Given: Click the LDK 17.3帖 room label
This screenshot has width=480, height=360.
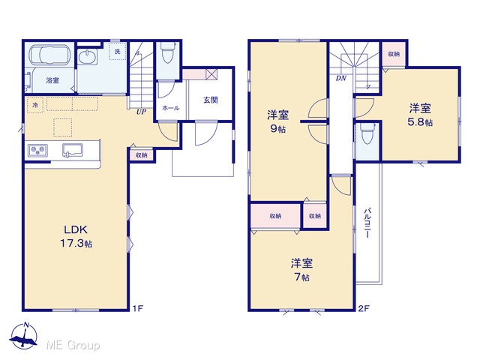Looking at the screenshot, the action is [76, 236].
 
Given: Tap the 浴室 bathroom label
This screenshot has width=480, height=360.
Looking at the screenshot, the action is [52, 80].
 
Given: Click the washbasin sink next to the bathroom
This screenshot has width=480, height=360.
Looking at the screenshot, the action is [87, 57].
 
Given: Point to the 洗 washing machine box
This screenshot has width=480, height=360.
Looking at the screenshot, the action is [118, 52].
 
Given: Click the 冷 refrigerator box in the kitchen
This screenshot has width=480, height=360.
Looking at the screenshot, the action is [35, 105].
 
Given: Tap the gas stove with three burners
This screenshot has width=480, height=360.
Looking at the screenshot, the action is [37, 151].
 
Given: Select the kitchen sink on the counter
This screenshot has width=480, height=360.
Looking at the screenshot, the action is [73, 150].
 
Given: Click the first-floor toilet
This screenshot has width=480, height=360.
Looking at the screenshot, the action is [167, 52].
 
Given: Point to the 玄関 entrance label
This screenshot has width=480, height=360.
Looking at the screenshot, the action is [211, 100].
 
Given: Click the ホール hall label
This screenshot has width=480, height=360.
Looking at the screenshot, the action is [170, 108].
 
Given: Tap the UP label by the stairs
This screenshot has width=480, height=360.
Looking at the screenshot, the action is [141, 112].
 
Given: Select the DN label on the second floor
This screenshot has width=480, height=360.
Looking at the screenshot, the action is [341, 78].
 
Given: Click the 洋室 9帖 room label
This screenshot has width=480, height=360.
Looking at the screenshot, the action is [277, 121].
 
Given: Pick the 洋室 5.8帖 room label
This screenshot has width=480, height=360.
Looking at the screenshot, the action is [420, 115].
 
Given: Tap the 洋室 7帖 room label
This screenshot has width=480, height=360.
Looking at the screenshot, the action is [301, 270].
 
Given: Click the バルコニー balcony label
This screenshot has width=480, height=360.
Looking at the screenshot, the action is [367, 223].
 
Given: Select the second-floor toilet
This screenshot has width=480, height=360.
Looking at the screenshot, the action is [367, 133].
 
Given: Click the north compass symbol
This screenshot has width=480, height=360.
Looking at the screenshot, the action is [23, 335].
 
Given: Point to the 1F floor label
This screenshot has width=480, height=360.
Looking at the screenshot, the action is [138, 308].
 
